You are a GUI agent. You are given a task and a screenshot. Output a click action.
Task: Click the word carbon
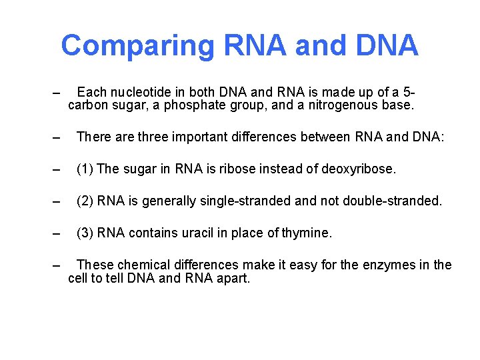87,105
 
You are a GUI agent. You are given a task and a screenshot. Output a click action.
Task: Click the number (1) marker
85,169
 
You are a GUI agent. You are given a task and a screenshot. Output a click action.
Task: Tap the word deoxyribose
358,169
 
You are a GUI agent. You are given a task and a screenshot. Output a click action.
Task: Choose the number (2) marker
85,201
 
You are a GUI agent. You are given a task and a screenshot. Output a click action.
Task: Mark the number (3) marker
85,233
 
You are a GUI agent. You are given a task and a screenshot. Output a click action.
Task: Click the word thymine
306,233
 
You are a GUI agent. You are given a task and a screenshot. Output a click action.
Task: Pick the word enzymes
383,265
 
